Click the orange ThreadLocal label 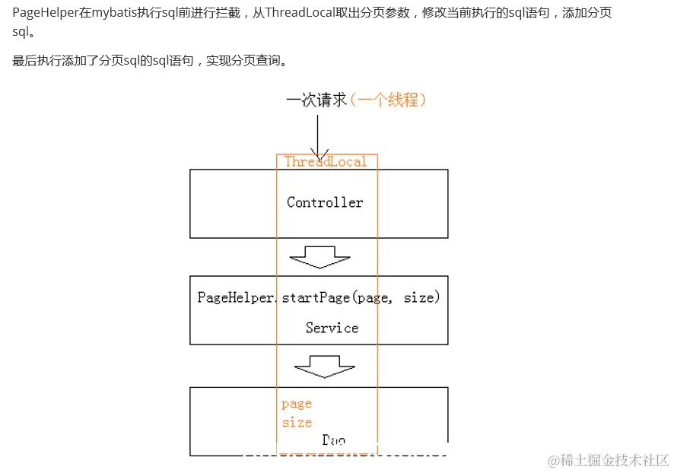point(326,161)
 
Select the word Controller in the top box point(325,202)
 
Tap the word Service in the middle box point(332,328)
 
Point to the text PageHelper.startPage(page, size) point(319,297)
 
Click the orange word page point(297,404)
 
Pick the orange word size point(297,422)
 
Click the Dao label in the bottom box point(333,440)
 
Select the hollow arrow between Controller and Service point(319,256)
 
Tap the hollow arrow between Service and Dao point(325,367)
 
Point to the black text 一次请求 point(316,100)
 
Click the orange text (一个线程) point(387,100)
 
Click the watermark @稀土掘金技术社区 point(604,460)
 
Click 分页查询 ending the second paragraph point(255,60)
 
